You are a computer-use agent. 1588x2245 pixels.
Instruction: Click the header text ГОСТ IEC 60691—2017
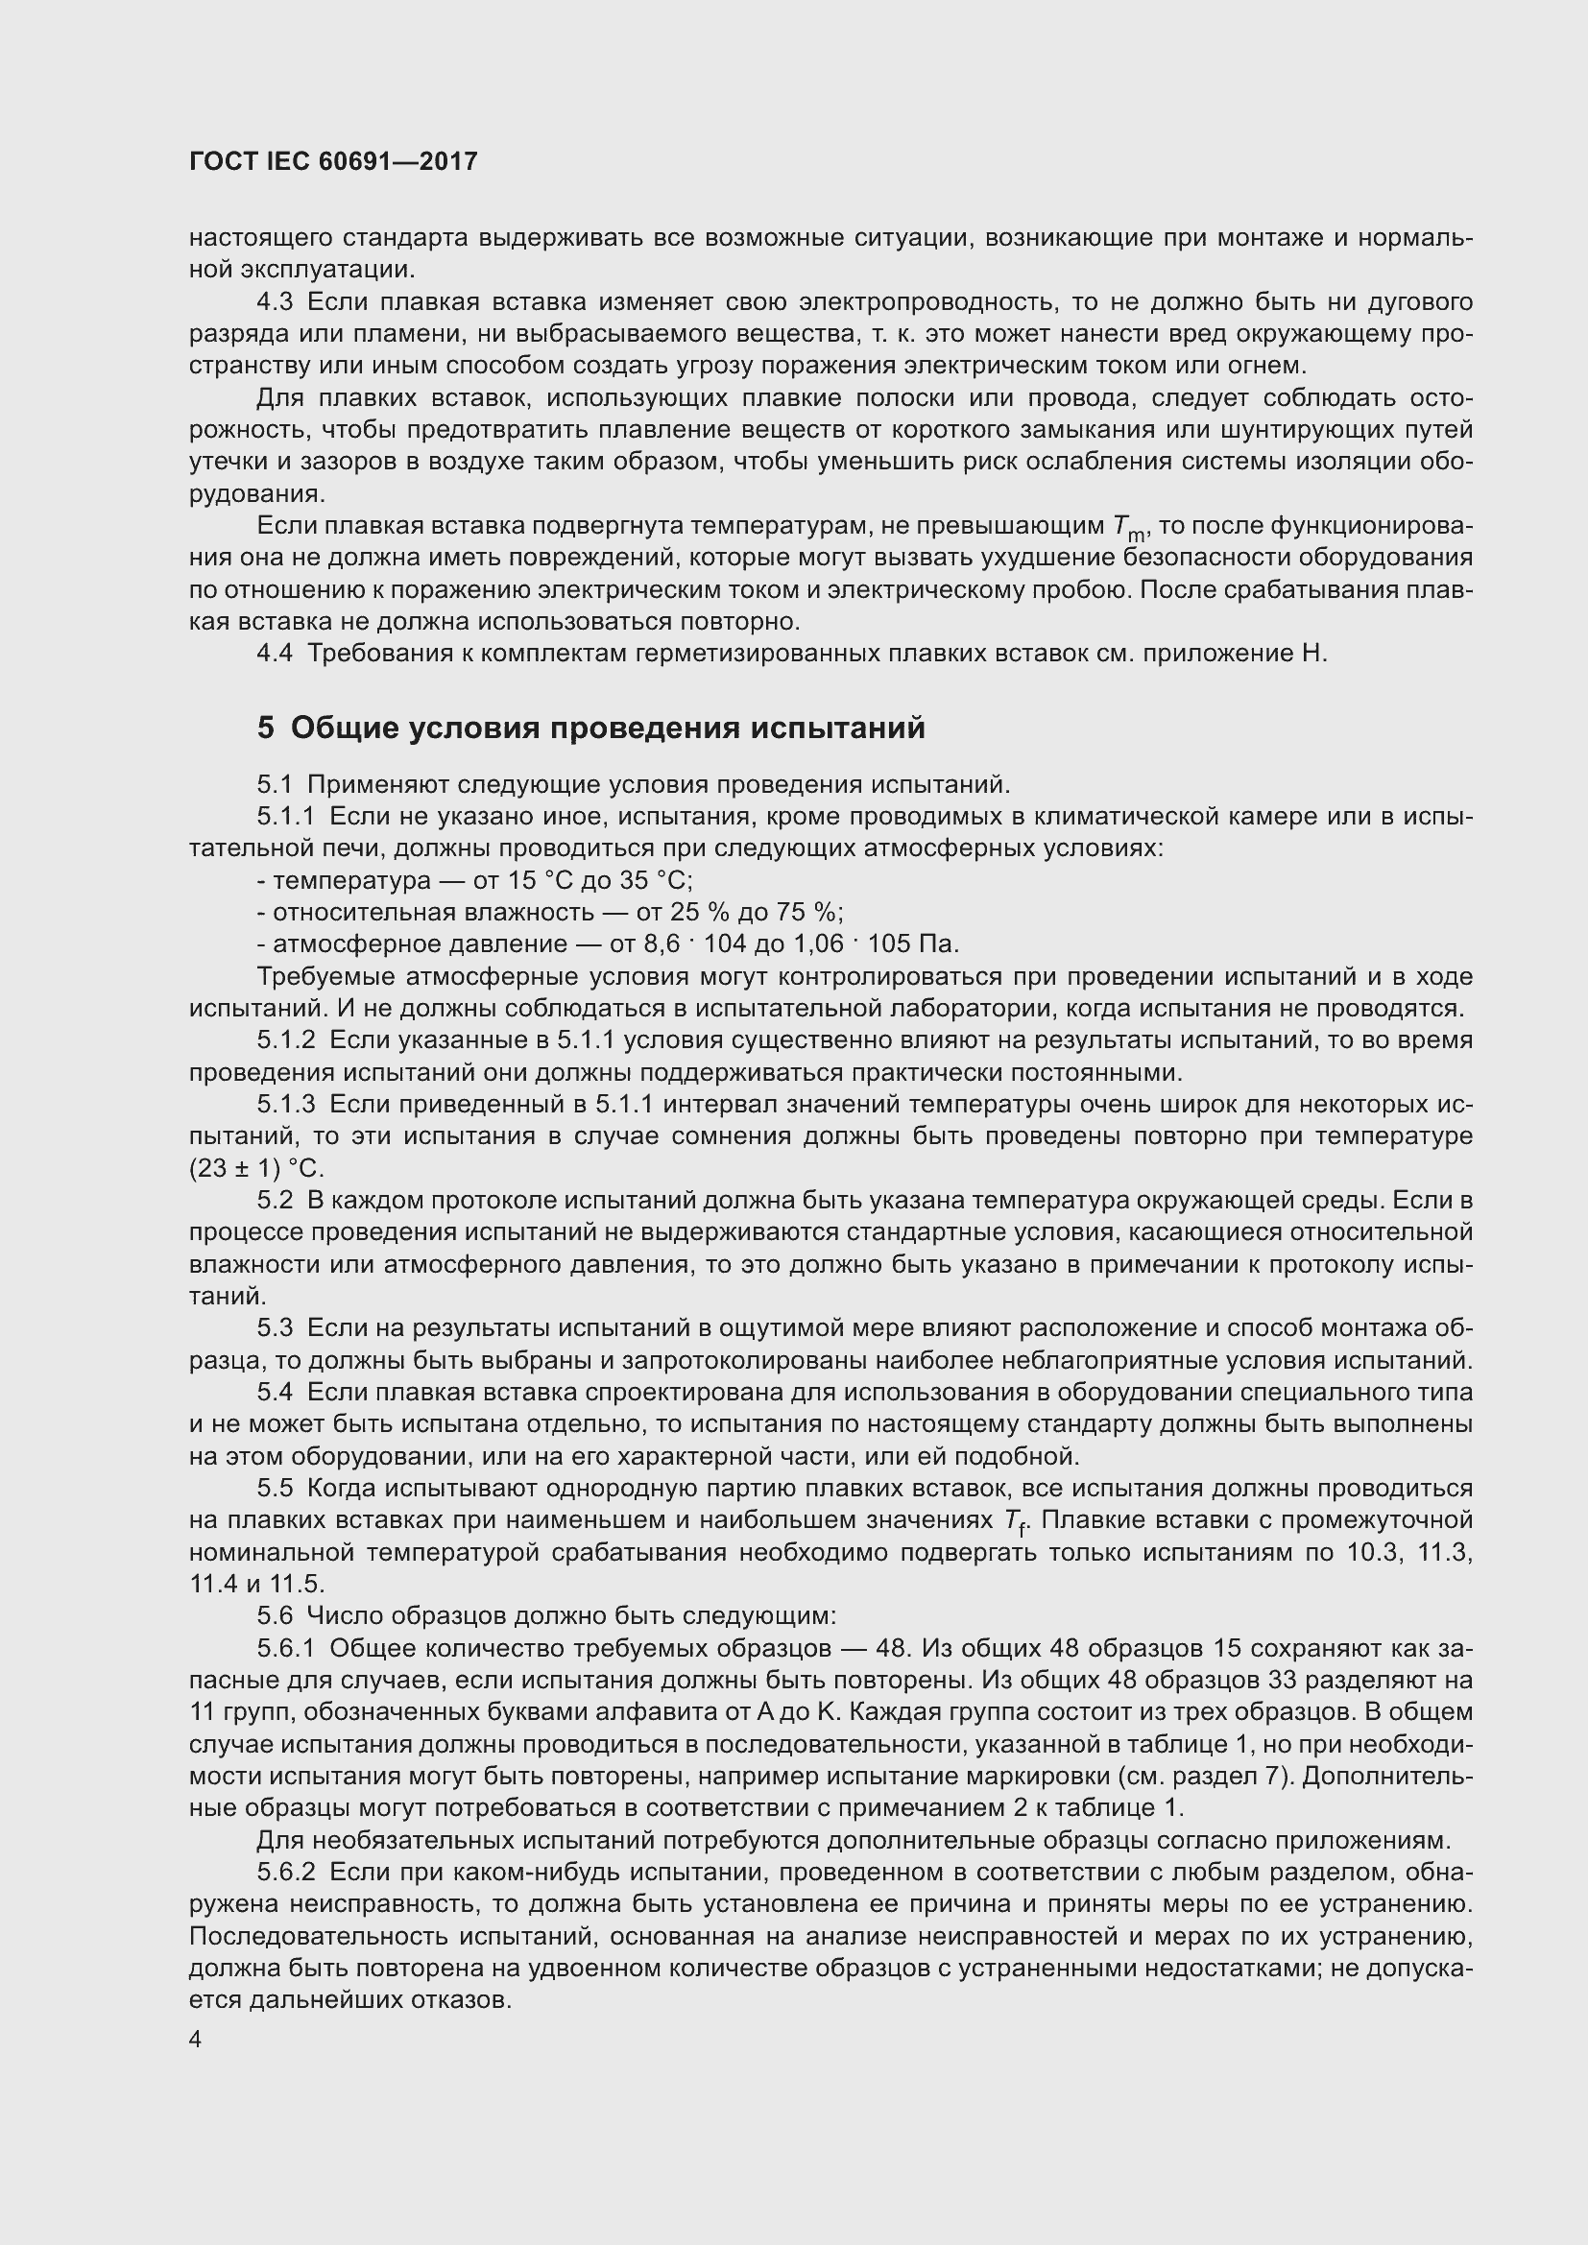pyautogui.click(x=333, y=161)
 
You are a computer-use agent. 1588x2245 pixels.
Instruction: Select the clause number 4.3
pyautogui.click(x=275, y=302)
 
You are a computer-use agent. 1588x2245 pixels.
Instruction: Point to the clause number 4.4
pyautogui.click(x=275, y=654)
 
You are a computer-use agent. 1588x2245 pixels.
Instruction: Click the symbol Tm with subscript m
pyautogui.click(x=1127, y=528)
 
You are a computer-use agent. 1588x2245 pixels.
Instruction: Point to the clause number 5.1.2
pyautogui.click(x=286, y=1040)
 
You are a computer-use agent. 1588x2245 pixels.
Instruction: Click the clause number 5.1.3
pyautogui.click(x=286, y=1105)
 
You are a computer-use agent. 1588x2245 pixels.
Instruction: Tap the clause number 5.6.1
pyautogui.click(x=286, y=1649)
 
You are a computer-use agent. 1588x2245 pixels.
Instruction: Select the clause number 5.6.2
pyautogui.click(x=286, y=1873)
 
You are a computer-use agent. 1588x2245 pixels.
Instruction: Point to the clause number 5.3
pyautogui.click(x=275, y=1327)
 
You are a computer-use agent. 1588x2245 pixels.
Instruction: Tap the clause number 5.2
pyautogui.click(x=275, y=1200)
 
